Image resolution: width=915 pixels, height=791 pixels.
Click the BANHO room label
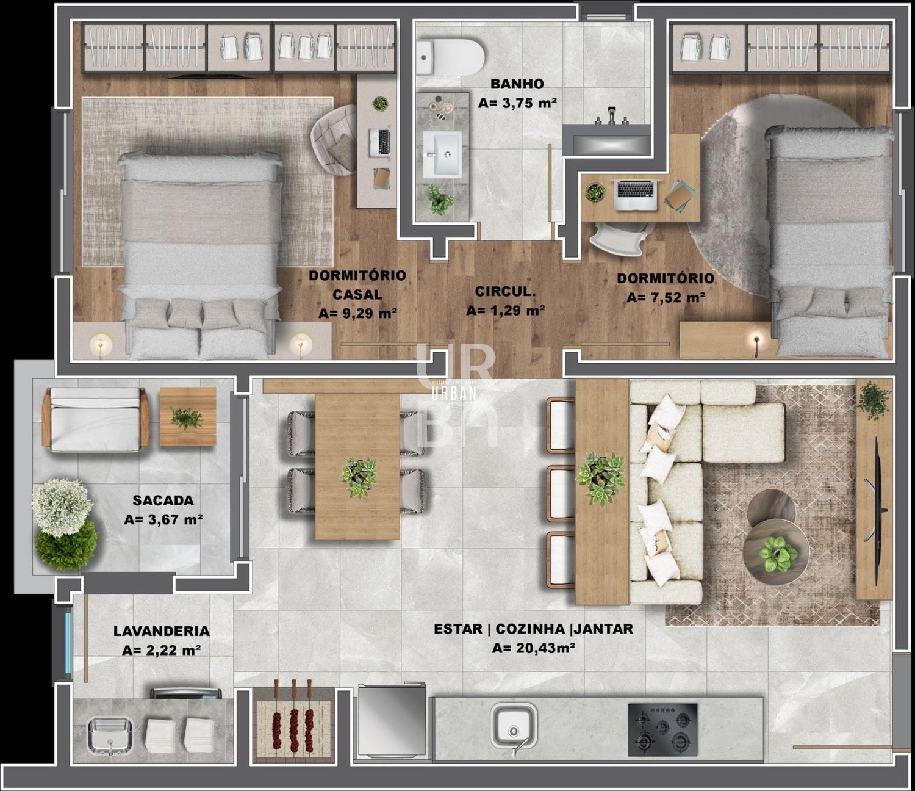click(517, 84)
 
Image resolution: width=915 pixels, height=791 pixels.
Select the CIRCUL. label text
click(505, 291)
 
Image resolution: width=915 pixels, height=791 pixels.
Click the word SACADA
click(163, 500)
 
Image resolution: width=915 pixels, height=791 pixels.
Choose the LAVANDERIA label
click(162, 631)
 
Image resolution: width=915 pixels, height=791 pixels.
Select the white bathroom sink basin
click(442, 154)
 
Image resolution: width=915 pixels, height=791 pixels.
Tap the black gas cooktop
click(662, 729)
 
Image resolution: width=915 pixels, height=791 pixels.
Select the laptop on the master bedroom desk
click(380, 142)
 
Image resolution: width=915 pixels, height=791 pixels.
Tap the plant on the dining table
click(359, 478)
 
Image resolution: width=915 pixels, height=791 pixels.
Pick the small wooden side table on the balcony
click(188, 416)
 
